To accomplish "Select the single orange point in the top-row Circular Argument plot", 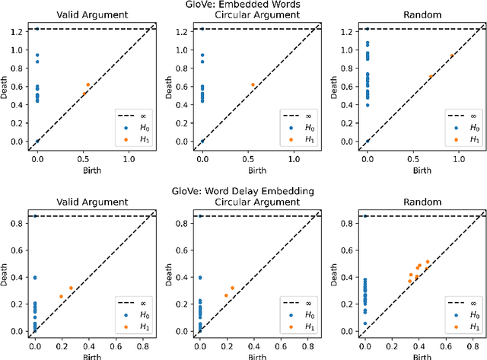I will pyautogui.click(x=253, y=85).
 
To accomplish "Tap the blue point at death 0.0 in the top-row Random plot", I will pyautogui.click(x=368, y=142).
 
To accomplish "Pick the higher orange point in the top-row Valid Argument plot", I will pyautogui.click(x=88, y=84).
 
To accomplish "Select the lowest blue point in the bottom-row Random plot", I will pyautogui.click(x=365, y=323).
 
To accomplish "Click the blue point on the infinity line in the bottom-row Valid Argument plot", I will pyautogui.click(x=35, y=216).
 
